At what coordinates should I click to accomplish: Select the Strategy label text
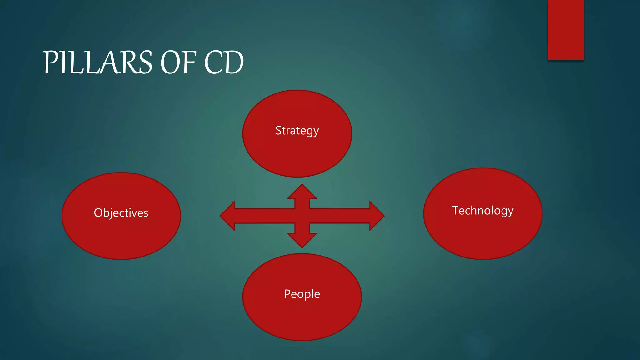pos(297,131)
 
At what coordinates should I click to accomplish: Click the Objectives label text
pos(121,213)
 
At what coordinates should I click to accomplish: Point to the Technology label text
pos(483,211)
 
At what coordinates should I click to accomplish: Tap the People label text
pos(302,294)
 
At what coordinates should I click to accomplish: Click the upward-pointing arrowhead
pos(302,192)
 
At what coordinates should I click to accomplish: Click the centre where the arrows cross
pos(302,216)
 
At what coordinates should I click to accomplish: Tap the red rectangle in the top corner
pos(566,30)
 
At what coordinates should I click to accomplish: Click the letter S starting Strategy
pos(278,130)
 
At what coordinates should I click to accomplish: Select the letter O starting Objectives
pos(98,213)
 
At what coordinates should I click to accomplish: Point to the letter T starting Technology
pos(456,210)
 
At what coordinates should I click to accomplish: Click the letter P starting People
pos(287,294)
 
